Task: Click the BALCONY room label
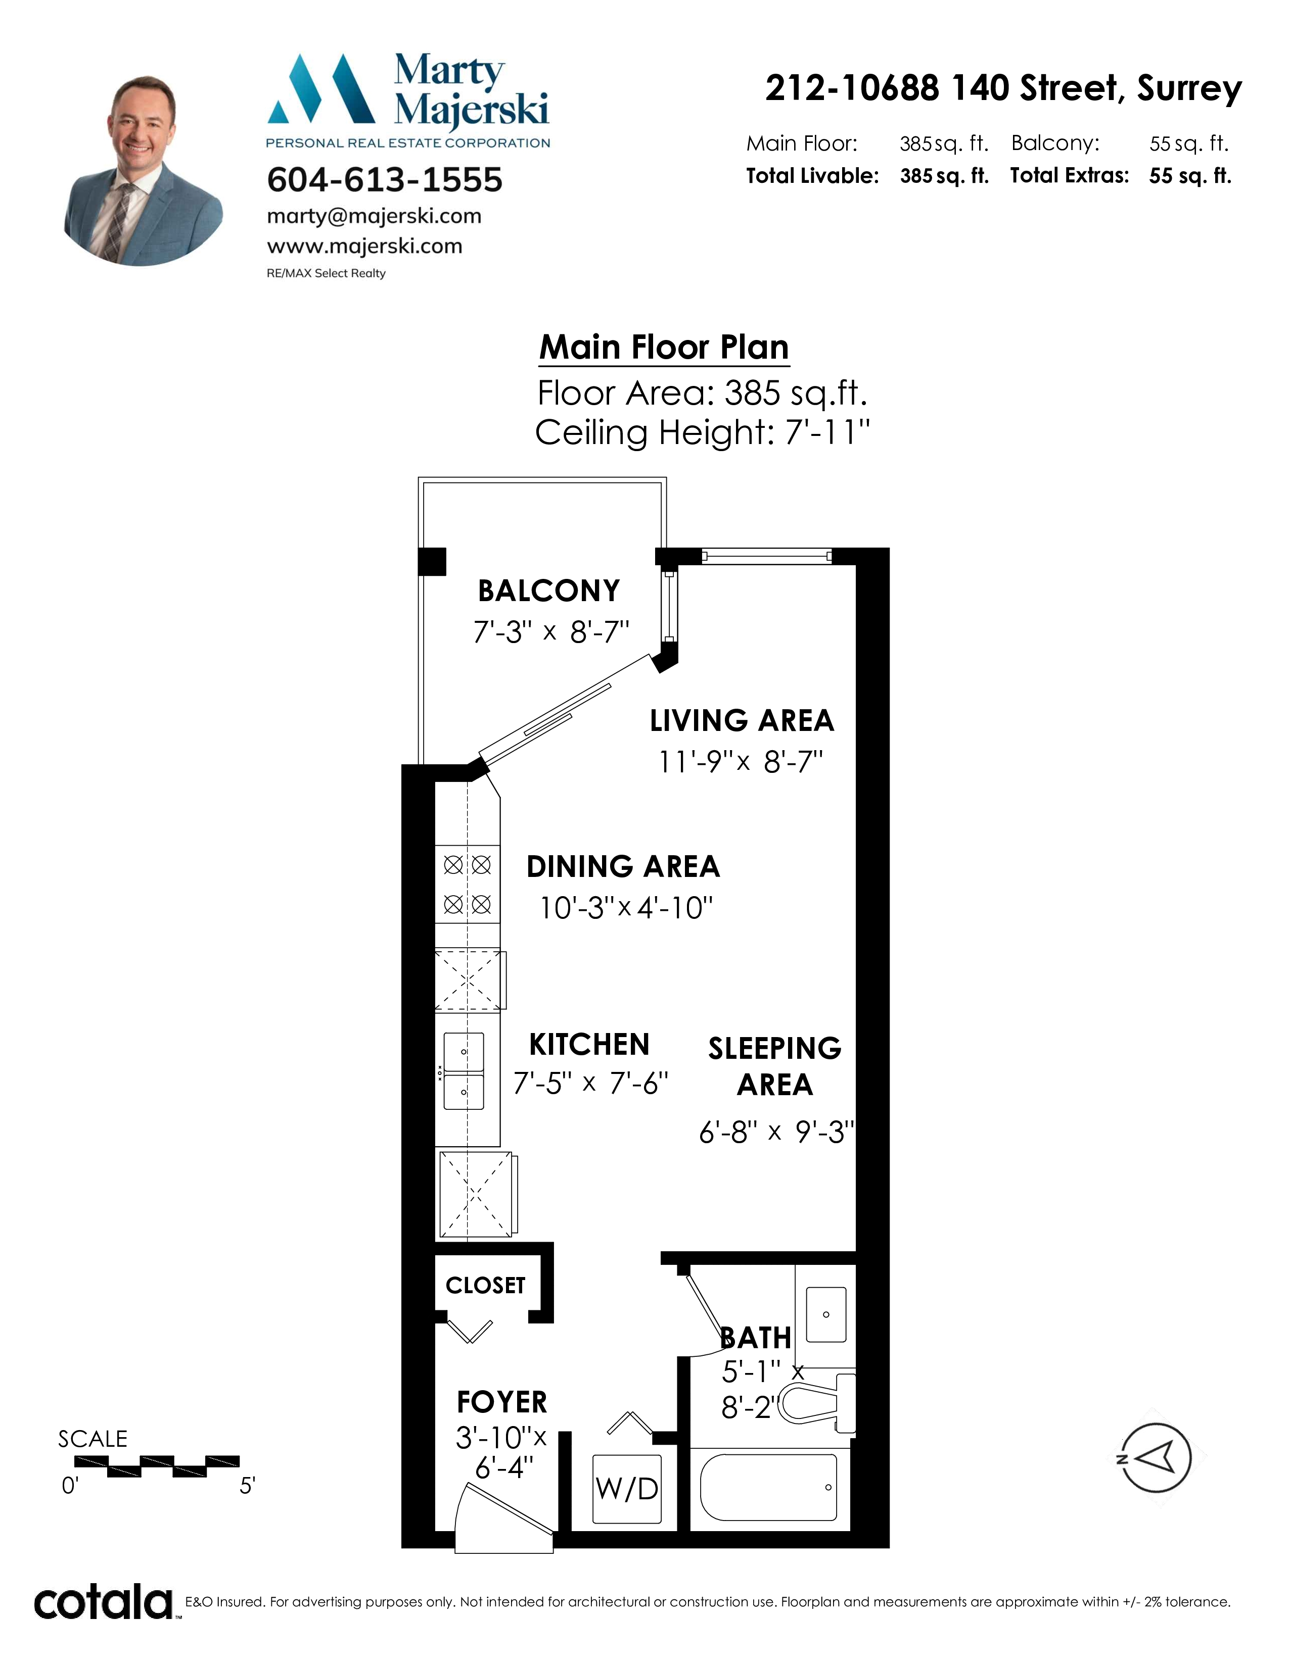click(x=548, y=591)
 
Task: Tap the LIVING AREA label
click(x=742, y=720)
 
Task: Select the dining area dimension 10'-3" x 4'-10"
click(x=626, y=908)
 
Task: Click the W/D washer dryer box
click(x=627, y=1488)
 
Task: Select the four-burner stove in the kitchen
click(x=468, y=885)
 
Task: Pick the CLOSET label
click(x=486, y=1286)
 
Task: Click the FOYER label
click(x=502, y=1402)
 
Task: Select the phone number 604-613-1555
click(x=385, y=180)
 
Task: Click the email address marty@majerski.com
click(x=374, y=216)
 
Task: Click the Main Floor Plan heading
click(x=664, y=348)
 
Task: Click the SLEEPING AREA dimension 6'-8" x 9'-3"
click(x=776, y=1132)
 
